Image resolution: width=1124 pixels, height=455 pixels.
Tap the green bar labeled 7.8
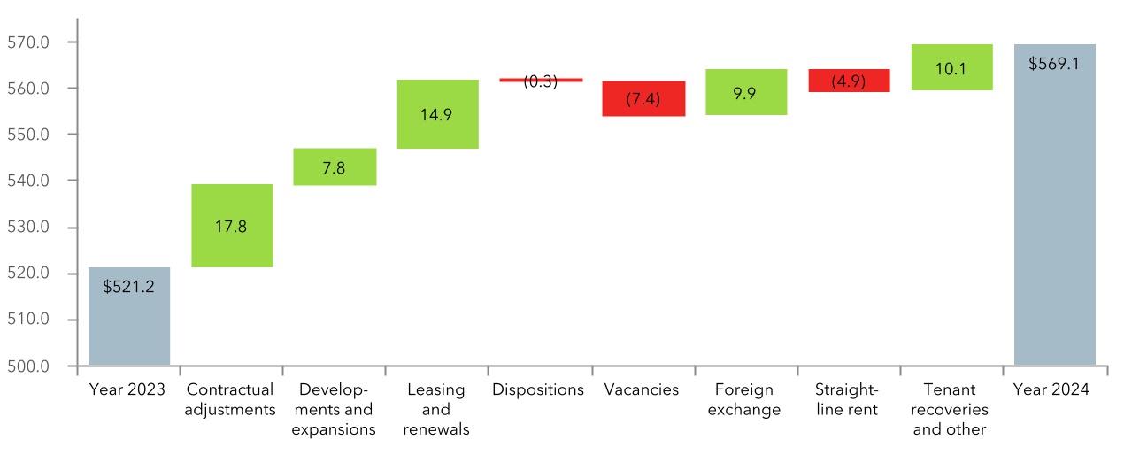pos(334,166)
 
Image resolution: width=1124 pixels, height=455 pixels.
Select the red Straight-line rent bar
pos(849,81)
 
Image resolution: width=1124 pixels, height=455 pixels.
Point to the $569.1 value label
pos(1054,64)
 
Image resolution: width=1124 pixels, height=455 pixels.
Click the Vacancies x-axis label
pos(641,389)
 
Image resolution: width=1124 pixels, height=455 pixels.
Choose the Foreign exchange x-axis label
pos(743,399)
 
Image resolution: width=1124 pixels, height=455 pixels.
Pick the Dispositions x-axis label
pos(538,389)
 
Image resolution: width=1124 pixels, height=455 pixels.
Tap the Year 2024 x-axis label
pos(1051,389)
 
